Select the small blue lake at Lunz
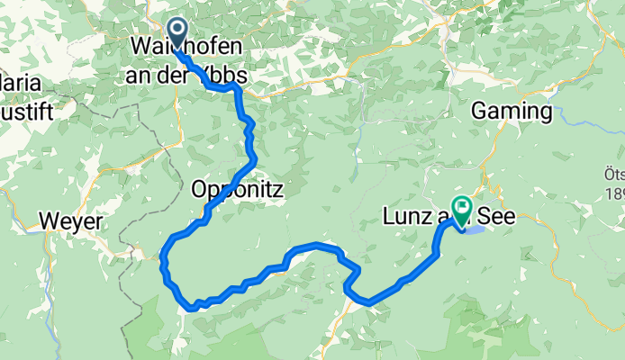478,229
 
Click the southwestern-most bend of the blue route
192,307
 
